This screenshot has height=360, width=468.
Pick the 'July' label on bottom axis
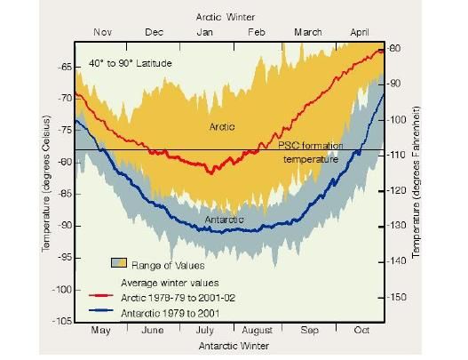[204, 330]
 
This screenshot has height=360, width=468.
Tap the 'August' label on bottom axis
[257, 330]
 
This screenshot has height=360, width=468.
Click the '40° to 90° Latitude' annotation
[130, 64]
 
